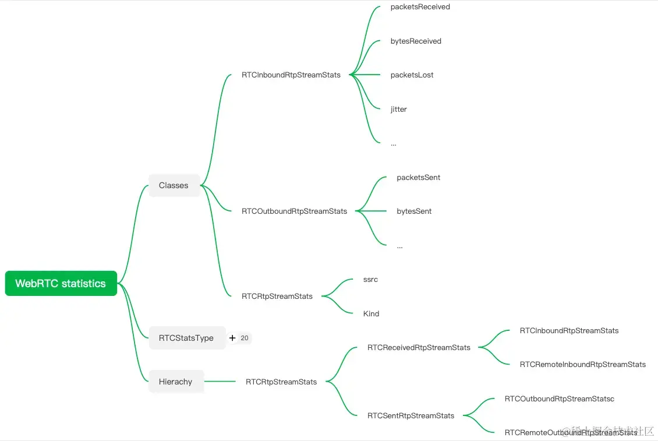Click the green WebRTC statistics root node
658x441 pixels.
click(x=61, y=284)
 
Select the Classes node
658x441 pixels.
click(x=174, y=185)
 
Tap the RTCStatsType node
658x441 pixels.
click(x=186, y=338)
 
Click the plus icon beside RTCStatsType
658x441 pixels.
click(x=232, y=338)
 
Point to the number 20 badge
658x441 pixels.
click(x=245, y=338)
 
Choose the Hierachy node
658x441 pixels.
click(x=175, y=382)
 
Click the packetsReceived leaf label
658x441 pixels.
click(x=420, y=7)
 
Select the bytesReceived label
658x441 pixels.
click(x=416, y=41)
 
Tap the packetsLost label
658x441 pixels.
click(x=412, y=75)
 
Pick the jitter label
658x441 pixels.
click(x=399, y=109)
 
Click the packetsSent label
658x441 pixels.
click(x=418, y=177)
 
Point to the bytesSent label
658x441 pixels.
click(x=414, y=211)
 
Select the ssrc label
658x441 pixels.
click(x=370, y=280)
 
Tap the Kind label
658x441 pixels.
click(x=371, y=313)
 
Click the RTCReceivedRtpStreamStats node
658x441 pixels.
click(x=419, y=348)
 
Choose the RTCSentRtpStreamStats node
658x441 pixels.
click(x=411, y=416)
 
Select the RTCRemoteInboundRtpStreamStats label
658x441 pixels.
click(x=582, y=365)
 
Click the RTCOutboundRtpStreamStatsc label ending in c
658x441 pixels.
click(x=559, y=399)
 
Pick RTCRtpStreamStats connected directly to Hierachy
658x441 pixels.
click(x=281, y=382)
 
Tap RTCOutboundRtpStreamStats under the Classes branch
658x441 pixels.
click(x=294, y=211)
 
